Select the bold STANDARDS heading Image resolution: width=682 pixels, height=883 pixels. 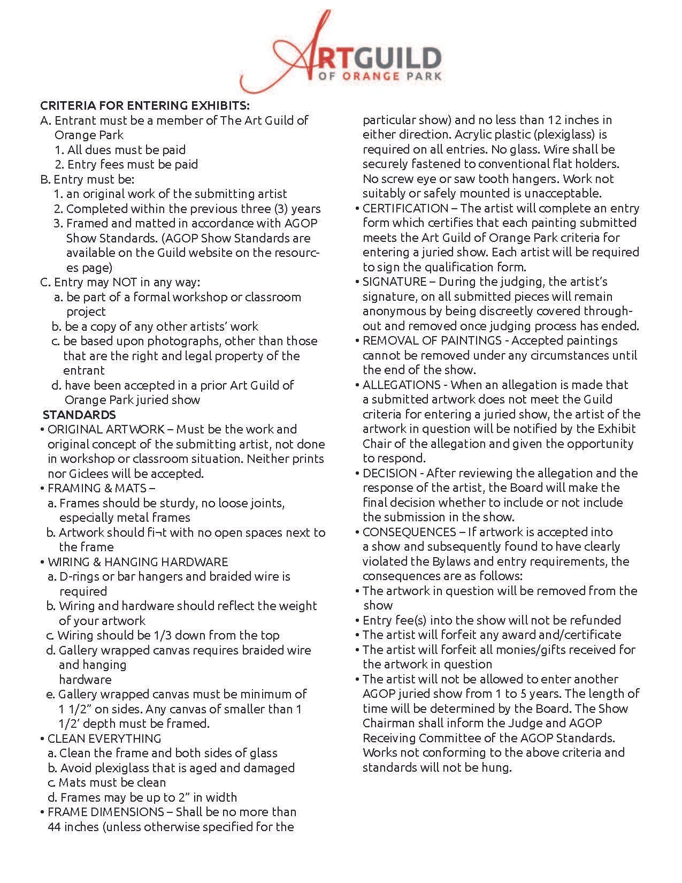point(79,414)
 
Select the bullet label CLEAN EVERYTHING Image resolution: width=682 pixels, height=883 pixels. point(104,739)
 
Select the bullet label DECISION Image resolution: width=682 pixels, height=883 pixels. point(389,473)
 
